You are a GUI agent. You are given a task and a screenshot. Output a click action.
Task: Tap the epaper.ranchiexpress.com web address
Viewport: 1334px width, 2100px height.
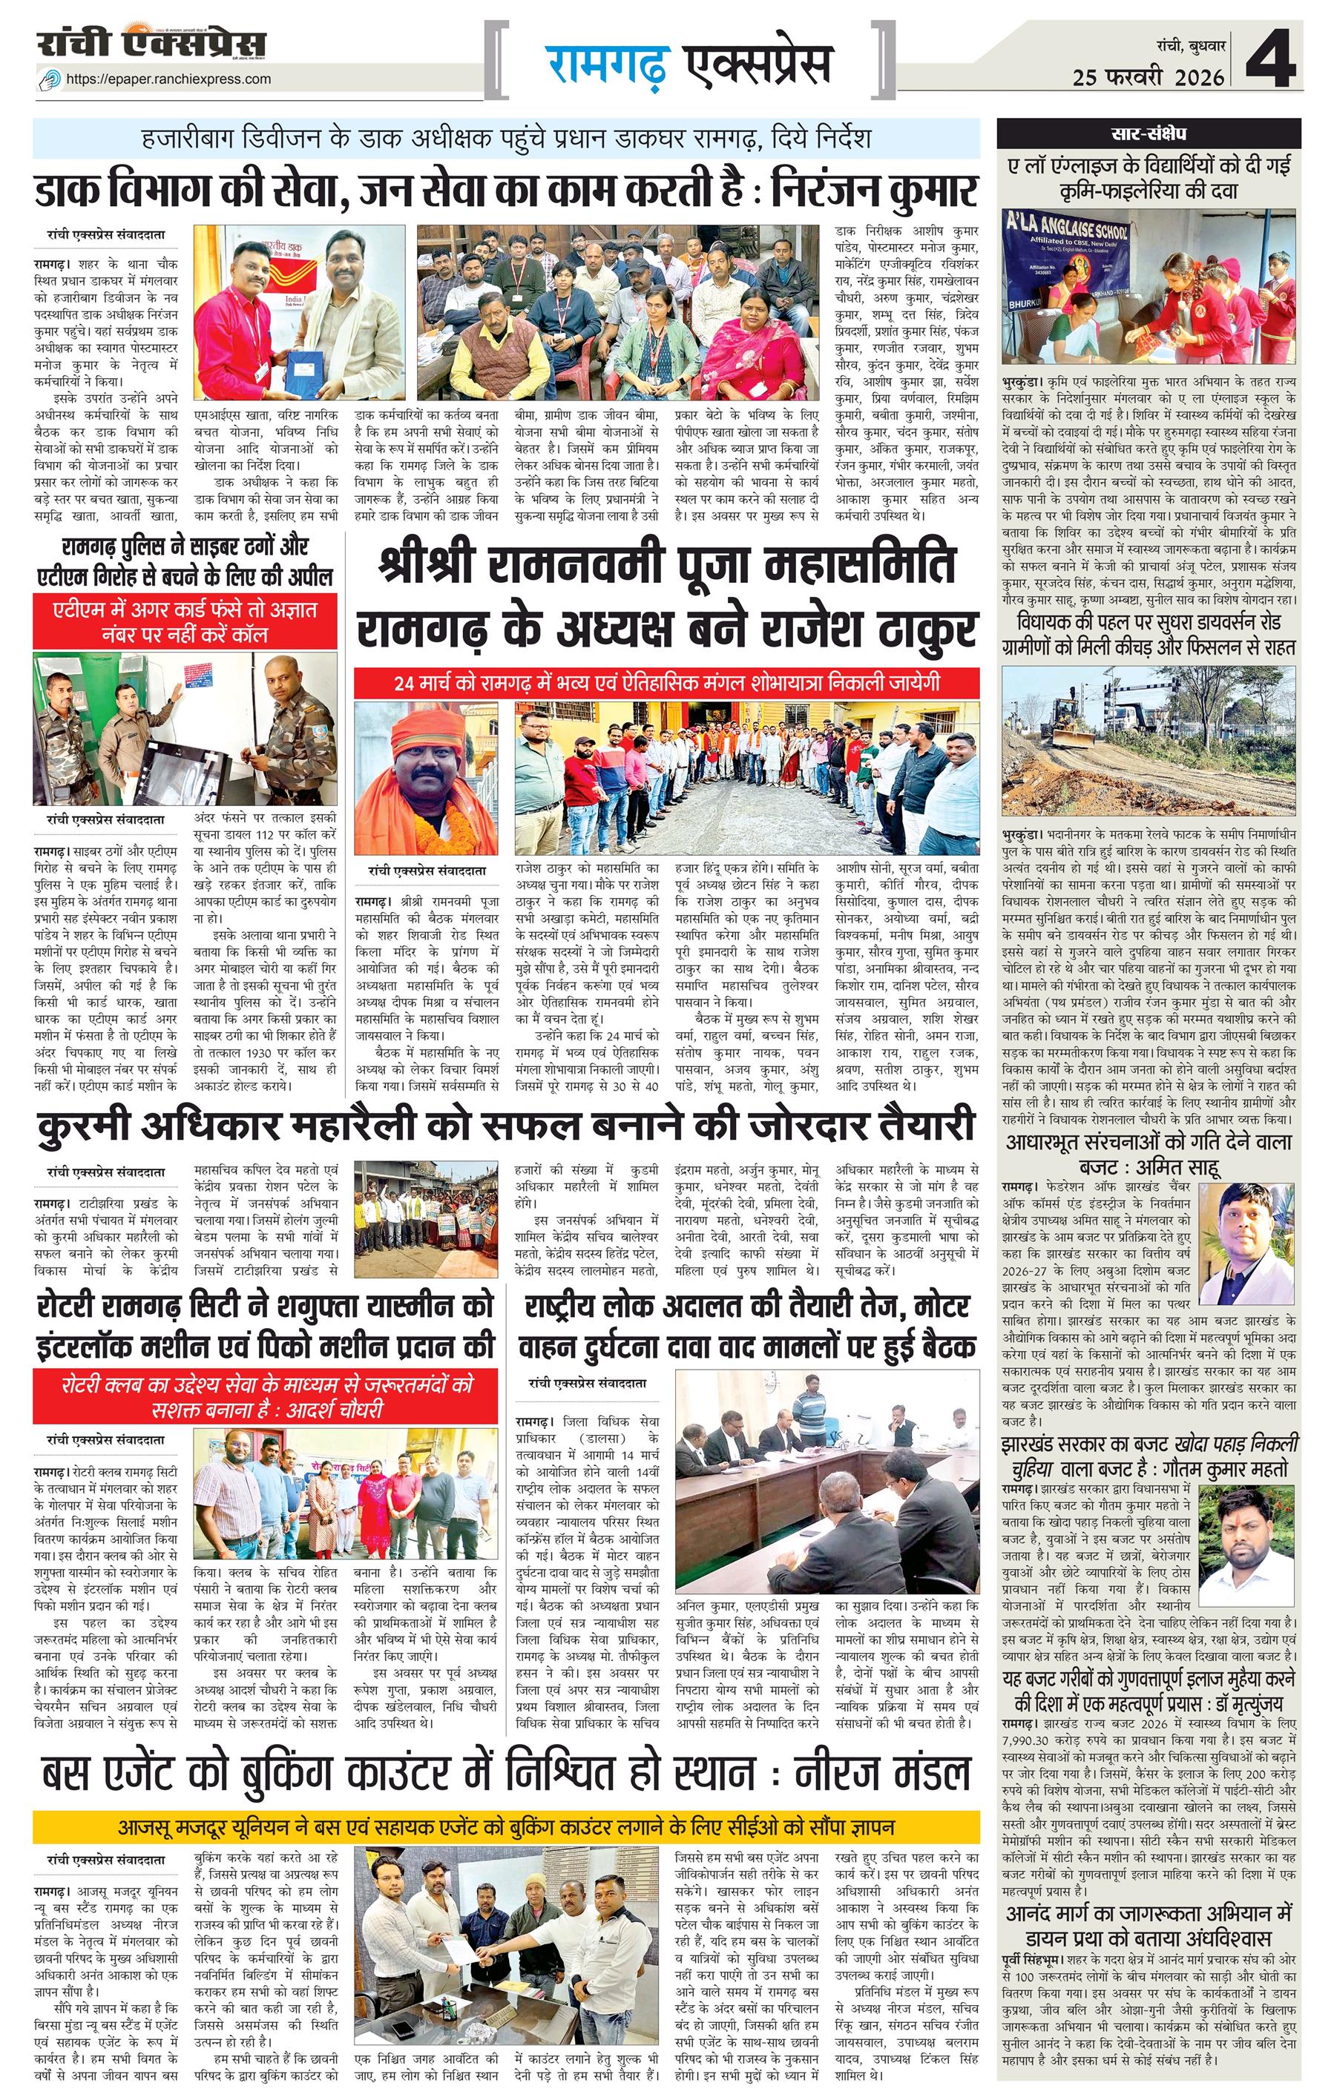168,79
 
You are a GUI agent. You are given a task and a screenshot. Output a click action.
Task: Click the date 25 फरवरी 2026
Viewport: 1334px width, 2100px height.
1149,78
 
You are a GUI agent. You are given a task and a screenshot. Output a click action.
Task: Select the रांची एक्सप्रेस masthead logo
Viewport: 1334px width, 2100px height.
152,44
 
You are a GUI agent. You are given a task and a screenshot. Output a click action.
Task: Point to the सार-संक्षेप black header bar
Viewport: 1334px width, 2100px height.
1149,133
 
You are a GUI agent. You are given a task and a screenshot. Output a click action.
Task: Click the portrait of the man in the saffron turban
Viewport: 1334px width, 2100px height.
426,778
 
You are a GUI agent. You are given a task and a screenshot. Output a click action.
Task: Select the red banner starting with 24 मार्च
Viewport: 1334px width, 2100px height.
666,682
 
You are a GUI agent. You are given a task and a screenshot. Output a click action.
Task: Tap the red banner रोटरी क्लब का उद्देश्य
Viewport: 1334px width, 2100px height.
266,1397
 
